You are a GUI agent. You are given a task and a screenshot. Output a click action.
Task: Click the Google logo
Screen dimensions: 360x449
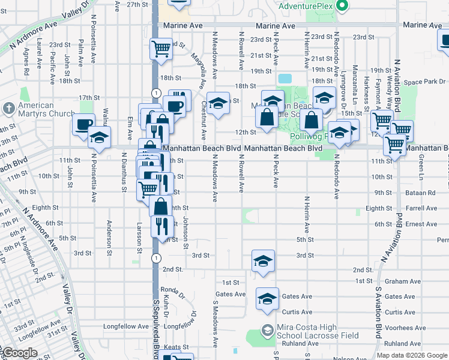pos(19,353)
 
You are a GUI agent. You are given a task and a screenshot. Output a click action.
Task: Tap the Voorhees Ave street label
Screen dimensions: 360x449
pos(405,328)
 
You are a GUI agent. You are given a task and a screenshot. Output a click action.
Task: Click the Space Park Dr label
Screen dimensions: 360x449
pos(424,82)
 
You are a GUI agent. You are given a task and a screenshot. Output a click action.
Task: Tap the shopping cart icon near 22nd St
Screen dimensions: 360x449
pos(160,47)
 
